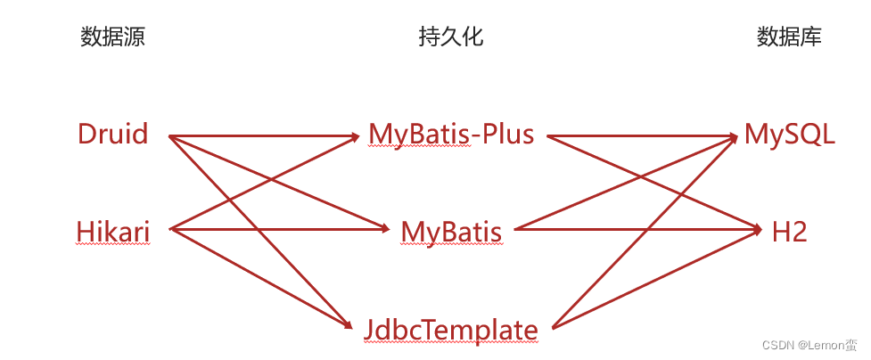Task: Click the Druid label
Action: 112,135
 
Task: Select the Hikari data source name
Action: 112,232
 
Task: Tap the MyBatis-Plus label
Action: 451,135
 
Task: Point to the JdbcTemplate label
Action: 451,330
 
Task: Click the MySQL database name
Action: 790,135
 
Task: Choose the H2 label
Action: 790,232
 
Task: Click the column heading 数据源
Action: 112,37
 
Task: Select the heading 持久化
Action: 451,37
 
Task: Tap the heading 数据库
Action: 789,37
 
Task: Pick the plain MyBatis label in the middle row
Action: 451,232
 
